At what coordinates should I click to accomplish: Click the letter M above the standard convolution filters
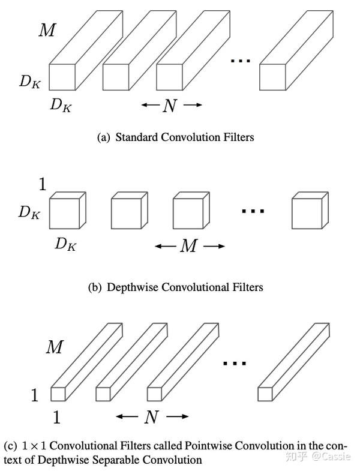click(x=47, y=30)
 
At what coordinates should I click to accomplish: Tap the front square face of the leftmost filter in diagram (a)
click(x=62, y=77)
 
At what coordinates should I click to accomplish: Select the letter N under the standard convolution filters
click(x=170, y=106)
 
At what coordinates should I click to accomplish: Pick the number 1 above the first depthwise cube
click(x=43, y=185)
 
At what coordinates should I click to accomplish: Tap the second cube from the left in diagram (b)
click(x=124, y=212)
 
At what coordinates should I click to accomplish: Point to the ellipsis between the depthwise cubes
click(x=252, y=211)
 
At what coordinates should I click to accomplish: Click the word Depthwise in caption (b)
click(x=132, y=287)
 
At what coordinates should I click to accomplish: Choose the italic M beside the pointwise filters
click(x=55, y=347)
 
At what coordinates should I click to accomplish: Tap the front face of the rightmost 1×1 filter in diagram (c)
click(x=265, y=394)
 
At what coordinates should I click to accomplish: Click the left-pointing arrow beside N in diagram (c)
click(x=127, y=416)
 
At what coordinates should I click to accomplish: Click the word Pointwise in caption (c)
click(x=209, y=446)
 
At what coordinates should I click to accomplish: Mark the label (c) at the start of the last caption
click(x=10, y=446)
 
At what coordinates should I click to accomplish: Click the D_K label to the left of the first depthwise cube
click(x=29, y=212)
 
